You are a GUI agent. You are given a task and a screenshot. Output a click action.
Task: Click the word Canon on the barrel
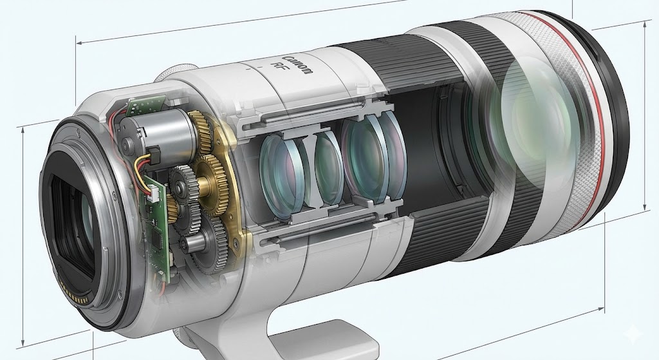point(298,64)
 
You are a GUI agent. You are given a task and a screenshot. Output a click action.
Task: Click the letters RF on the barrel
point(278,67)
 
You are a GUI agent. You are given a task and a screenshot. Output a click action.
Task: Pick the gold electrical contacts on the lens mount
point(74,294)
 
